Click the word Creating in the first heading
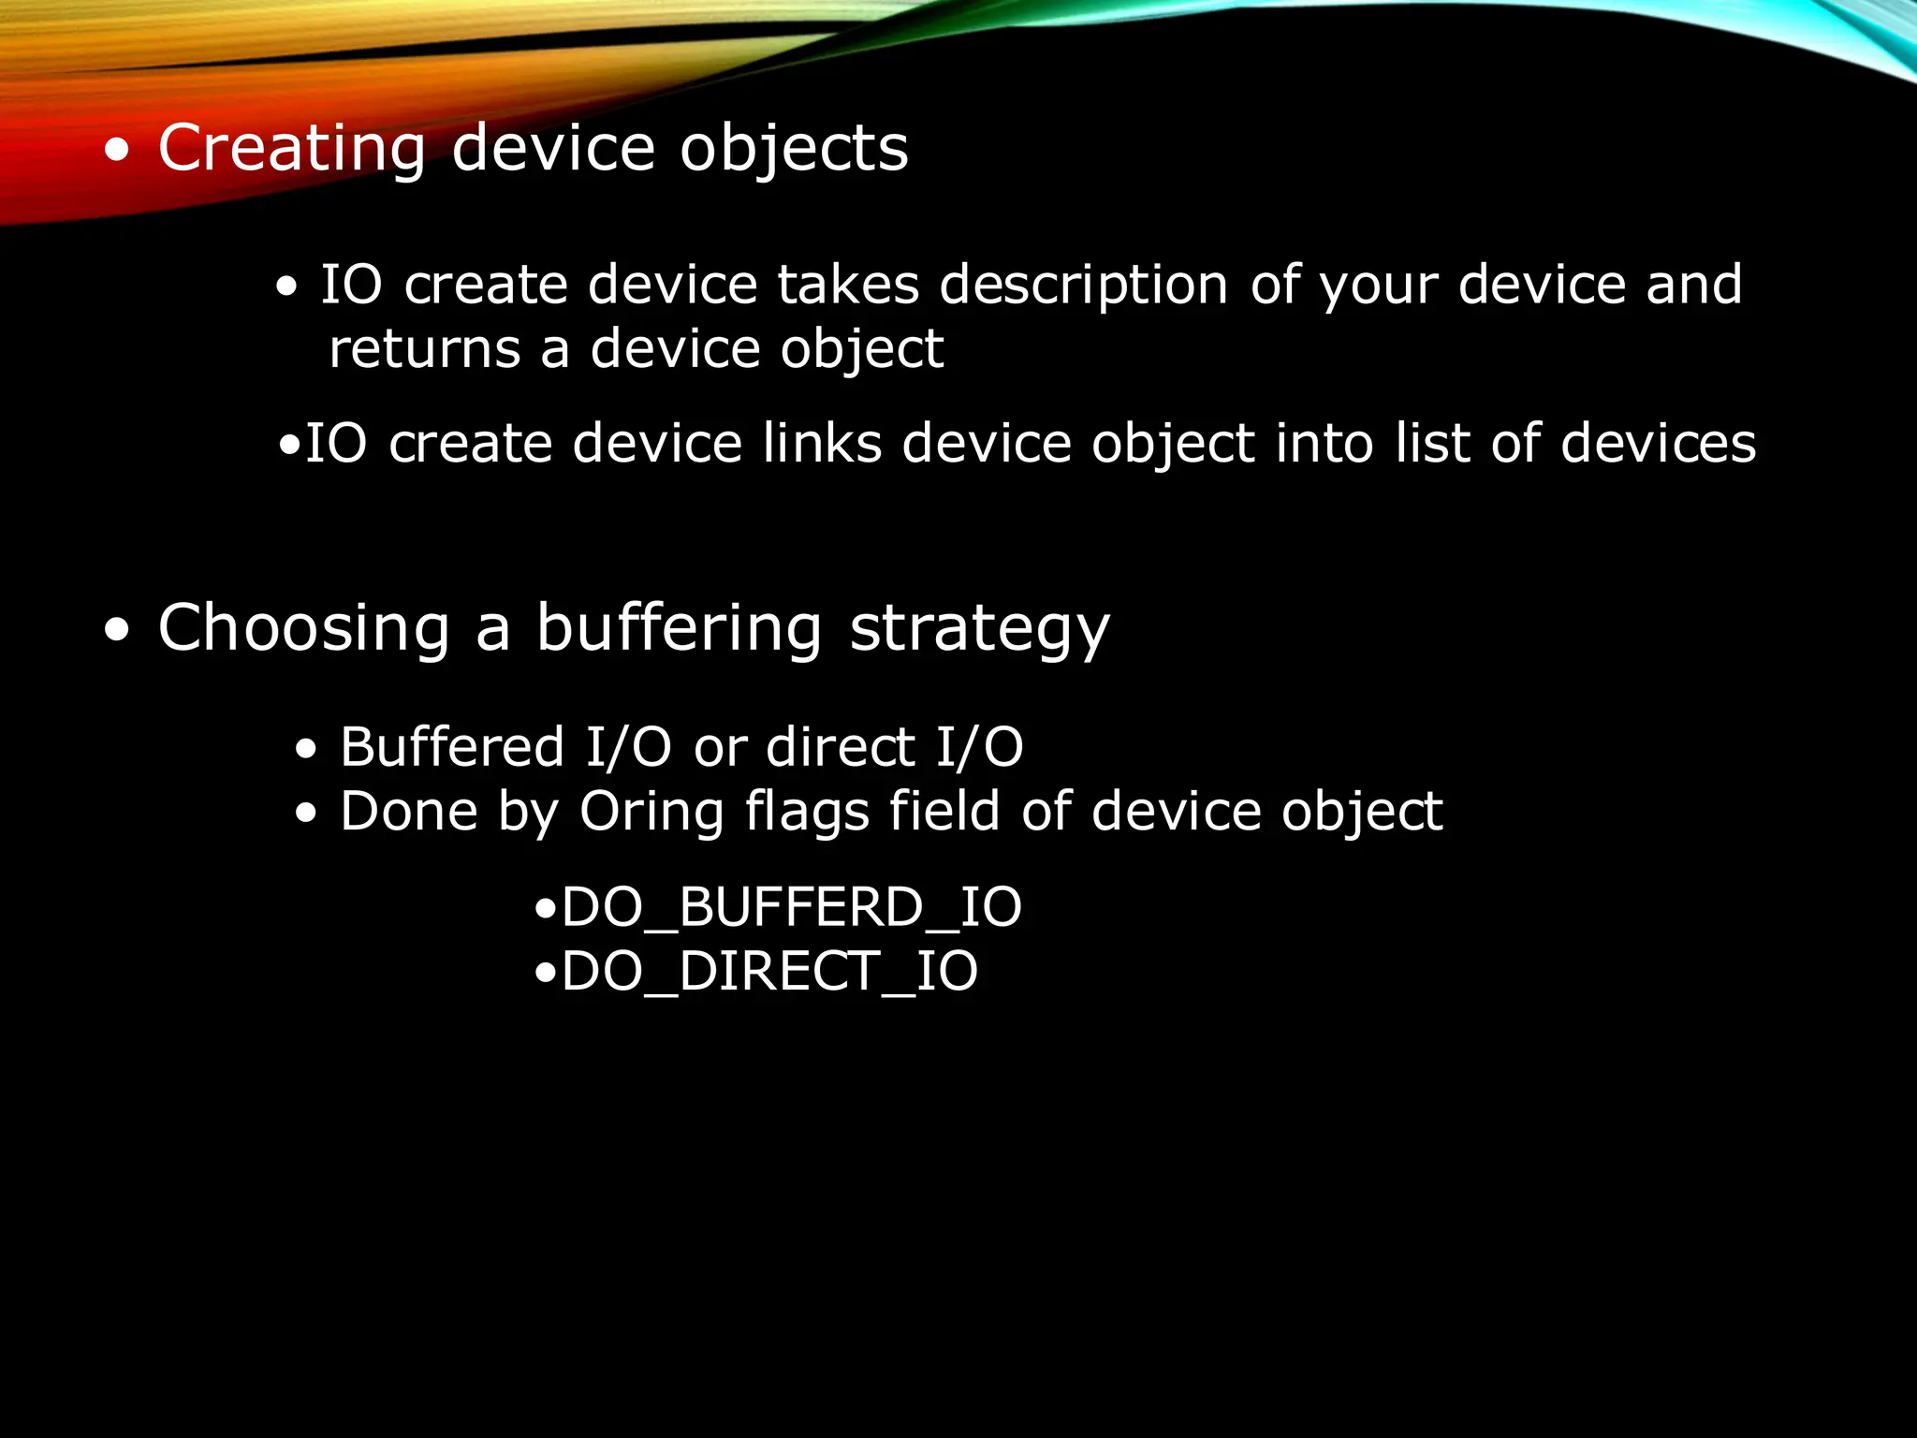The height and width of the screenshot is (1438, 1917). point(291,150)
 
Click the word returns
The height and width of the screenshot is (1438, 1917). point(424,350)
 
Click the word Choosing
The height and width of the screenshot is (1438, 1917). point(304,629)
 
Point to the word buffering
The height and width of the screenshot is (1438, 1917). point(680,629)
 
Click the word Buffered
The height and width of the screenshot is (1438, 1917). point(451,748)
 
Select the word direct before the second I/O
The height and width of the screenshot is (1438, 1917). point(840,748)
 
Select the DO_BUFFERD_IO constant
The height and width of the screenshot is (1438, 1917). point(791,908)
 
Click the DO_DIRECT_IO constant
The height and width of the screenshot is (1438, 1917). point(769,972)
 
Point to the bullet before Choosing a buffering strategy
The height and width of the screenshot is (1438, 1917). point(117,630)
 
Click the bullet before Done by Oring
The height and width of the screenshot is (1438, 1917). point(306,814)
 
